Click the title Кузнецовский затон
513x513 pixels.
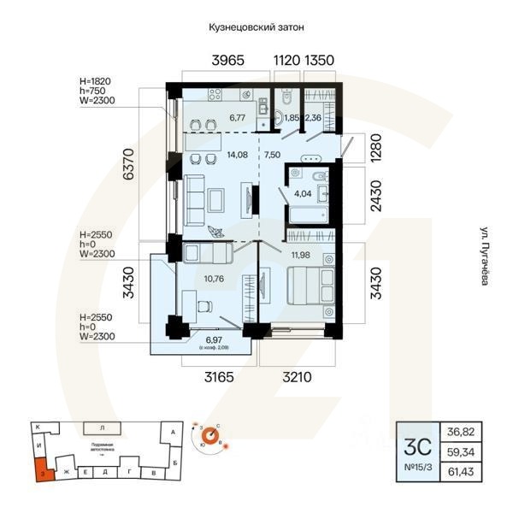point(256,27)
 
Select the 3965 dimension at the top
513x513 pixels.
point(228,61)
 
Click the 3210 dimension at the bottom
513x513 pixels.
point(292,376)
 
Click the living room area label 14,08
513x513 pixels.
point(212,155)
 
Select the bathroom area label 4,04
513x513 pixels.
point(303,194)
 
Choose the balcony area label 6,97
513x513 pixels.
point(202,341)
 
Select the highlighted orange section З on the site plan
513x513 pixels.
point(40,469)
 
